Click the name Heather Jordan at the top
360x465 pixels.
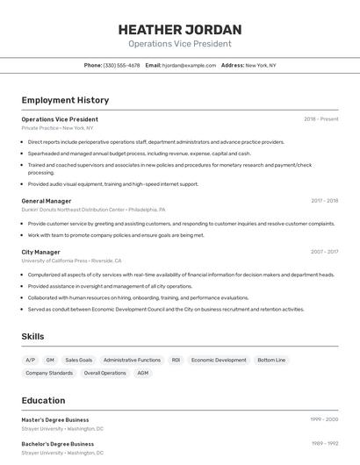pyautogui.click(x=179, y=30)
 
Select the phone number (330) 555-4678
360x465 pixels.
pyautogui.click(x=121, y=65)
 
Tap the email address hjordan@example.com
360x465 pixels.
pyautogui.click(x=189, y=65)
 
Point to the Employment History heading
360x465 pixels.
pyautogui.click(x=65, y=100)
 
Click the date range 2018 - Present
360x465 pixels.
pyautogui.click(x=320, y=119)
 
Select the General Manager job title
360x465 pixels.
pyautogui.click(x=47, y=201)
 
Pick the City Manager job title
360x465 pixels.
pyautogui.click(x=40, y=252)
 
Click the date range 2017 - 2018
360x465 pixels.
pyautogui.click(x=324, y=201)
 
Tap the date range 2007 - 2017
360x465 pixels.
pyautogui.click(x=324, y=252)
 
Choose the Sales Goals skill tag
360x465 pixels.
pyautogui.click(x=78, y=360)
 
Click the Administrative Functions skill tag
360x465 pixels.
pyautogui.click(x=132, y=360)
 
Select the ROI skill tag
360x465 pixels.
pyautogui.click(x=176, y=360)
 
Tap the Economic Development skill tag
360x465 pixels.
pyautogui.click(x=219, y=360)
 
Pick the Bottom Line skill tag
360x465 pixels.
pyautogui.click(x=270, y=360)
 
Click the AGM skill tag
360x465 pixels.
pyautogui.click(x=143, y=373)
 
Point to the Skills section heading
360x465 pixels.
pyautogui.click(x=32, y=336)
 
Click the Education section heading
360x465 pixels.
pyautogui.click(x=43, y=400)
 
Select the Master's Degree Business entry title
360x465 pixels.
pyautogui.click(x=55, y=419)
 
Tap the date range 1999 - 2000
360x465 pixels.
pyautogui.click(x=324, y=419)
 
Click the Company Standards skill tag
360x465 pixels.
pyautogui.click(x=49, y=373)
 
